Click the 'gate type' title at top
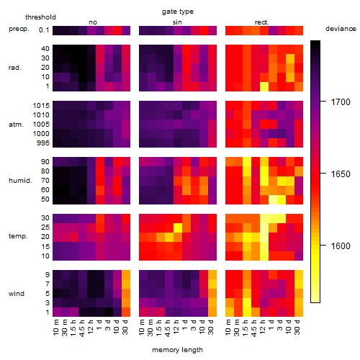click(x=178, y=12)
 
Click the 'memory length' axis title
click(x=177, y=350)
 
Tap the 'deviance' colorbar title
click(x=341, y=29)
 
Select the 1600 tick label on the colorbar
click(x=341, y=246)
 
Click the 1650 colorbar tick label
click(x=341, y=174)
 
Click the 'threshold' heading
click(x=40, y=17)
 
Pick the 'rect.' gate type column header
click(x=262, y=22)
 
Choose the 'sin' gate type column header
click(x=177, y=22)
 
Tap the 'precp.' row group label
click(x=19, y=29)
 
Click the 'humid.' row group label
click(x=20, y=181)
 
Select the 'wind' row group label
click(x=17, y=294)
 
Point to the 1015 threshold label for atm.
click(x=41, y=106)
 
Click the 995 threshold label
click(x=43, y=143)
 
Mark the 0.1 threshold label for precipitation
click(x=44, y=30)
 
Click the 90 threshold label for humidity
click(x=45, y=162)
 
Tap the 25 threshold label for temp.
click(x=45, y=228)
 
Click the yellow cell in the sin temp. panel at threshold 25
click(x=178, y=228)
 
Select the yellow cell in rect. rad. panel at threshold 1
click(x=264, y=86)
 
